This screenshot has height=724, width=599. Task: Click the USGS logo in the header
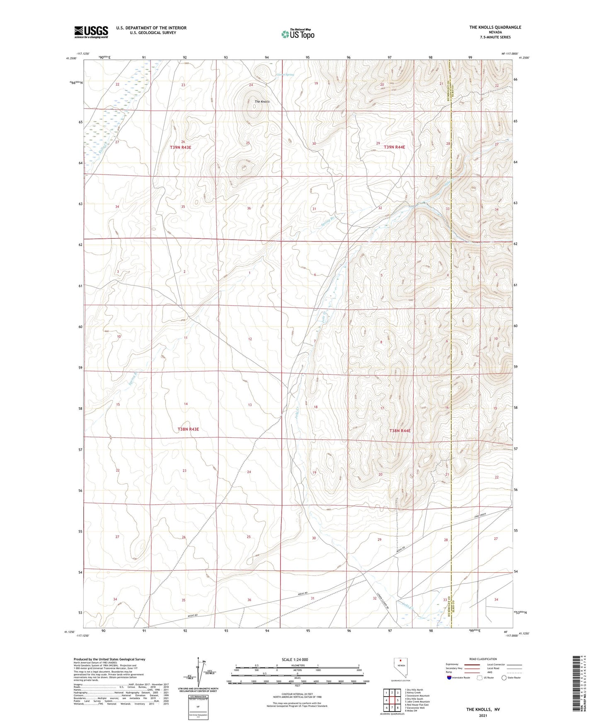(x=91, y=32)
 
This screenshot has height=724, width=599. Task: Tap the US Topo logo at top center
(x=297, y=34)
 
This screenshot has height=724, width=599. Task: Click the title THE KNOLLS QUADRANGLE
(x=495, y=27)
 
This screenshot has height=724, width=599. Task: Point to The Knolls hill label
(x=262, y=102)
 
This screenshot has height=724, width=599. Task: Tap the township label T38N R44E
(x=400, y=431)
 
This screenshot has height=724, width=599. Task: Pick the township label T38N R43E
(x=188, y=429)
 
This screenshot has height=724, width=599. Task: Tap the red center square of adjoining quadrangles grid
(x=392, y=700)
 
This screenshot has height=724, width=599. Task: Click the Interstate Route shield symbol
(x=450, y=678)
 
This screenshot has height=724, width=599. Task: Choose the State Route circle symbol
(x=504, y=678)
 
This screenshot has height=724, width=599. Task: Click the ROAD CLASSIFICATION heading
(x=483, y=659)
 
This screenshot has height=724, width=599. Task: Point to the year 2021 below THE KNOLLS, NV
(x=483, y=716)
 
